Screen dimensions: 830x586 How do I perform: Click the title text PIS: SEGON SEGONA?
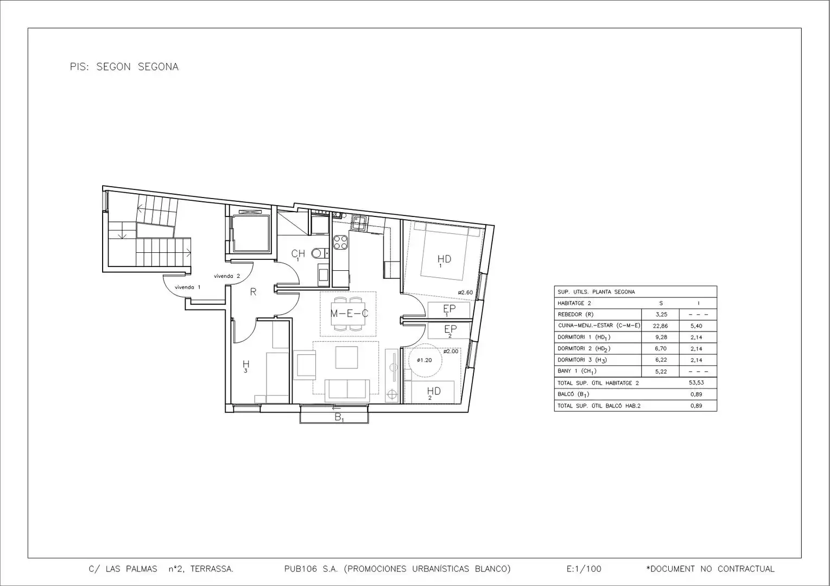[124, 67]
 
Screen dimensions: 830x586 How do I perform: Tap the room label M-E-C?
[349, 314]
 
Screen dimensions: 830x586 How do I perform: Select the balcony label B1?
[339, 417]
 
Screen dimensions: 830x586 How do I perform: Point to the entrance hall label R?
[253, 292]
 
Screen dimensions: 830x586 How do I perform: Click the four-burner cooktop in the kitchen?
[340, 243]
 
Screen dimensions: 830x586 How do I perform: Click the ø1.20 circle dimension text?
[424, 360]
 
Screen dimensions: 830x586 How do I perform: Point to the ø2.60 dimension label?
[465, 292]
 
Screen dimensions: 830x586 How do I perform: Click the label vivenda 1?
[187, 287]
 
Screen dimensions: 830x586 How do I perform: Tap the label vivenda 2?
[227, 276]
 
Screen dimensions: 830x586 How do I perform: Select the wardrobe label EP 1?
[449, 310]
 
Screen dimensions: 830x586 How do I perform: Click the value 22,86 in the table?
[661, 326]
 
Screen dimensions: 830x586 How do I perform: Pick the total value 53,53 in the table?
[696, 383]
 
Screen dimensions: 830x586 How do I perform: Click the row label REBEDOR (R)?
[575, 315]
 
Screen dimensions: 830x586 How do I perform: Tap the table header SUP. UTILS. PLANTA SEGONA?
[596, 292]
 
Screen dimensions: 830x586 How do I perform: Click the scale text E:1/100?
[584, 569]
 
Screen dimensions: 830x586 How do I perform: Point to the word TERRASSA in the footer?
[212, 569]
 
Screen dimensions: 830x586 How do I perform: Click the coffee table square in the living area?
[346, 357]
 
